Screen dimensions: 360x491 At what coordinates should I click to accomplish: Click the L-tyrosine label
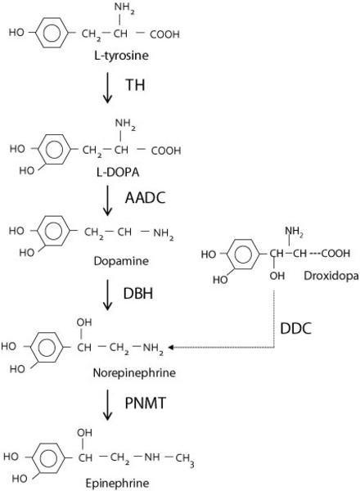pos(121,56)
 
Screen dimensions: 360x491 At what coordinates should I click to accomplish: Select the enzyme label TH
pos(135,85)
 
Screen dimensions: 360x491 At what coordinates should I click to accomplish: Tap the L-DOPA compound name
pos(118,172)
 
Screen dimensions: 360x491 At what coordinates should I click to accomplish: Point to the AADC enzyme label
pos(145,197)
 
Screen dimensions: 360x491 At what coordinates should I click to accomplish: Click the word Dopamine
pos(121,261)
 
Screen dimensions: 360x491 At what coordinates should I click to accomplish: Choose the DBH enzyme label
pos(138,294)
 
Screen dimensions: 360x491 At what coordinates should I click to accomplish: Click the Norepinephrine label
pos(134,372)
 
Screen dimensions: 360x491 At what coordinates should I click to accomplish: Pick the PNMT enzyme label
pos(146,403)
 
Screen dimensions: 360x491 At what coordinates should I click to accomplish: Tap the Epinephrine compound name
pos(117,484)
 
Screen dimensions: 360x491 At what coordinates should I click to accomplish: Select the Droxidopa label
pos(331,276)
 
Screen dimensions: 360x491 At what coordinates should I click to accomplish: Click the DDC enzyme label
pos(296,328)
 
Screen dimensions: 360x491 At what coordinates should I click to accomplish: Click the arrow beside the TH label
pos(107,88)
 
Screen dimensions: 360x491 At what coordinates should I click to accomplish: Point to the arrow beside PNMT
pos(107,404)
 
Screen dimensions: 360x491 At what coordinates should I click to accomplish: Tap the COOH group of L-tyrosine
pos(164,34)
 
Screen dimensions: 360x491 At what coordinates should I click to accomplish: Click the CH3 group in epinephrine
pos(184,460)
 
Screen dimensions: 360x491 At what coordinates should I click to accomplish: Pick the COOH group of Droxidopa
pos(335,253)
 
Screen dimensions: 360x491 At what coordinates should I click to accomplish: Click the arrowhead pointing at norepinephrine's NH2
pos(171,347)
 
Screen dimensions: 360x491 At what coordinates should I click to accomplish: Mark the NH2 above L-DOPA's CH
pos(125,124)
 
